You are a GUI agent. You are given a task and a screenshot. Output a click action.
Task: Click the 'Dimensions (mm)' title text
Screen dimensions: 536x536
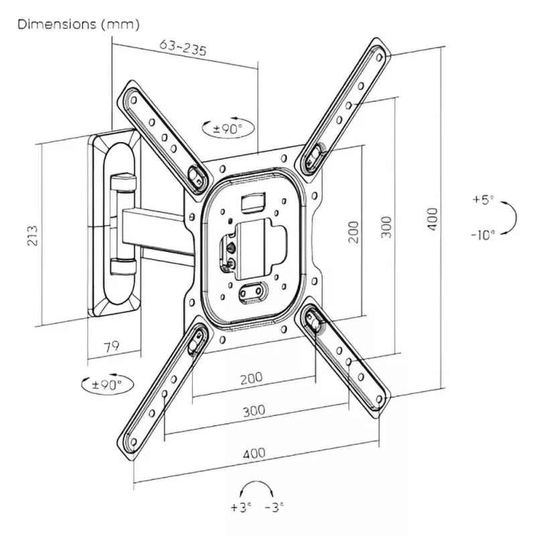coord(78,25)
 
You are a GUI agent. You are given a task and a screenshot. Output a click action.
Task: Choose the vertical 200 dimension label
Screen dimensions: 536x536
coord(354,230)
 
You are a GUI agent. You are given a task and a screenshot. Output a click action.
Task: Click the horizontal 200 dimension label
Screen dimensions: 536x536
coord(251,378)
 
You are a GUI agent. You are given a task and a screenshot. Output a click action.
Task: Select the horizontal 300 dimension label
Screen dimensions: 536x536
coord(253,410)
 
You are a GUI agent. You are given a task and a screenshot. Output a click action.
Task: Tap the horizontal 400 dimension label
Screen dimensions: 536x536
coord(254,454)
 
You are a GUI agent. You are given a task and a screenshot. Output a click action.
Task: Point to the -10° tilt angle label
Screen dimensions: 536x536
coord(482,234)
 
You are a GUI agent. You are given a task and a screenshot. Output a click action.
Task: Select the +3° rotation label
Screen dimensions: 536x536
coord(239,507)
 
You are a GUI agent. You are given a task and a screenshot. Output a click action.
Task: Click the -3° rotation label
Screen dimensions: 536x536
coord(275,507)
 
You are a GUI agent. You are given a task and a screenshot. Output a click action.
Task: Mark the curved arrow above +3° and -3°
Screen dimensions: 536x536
coord(257,488)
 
